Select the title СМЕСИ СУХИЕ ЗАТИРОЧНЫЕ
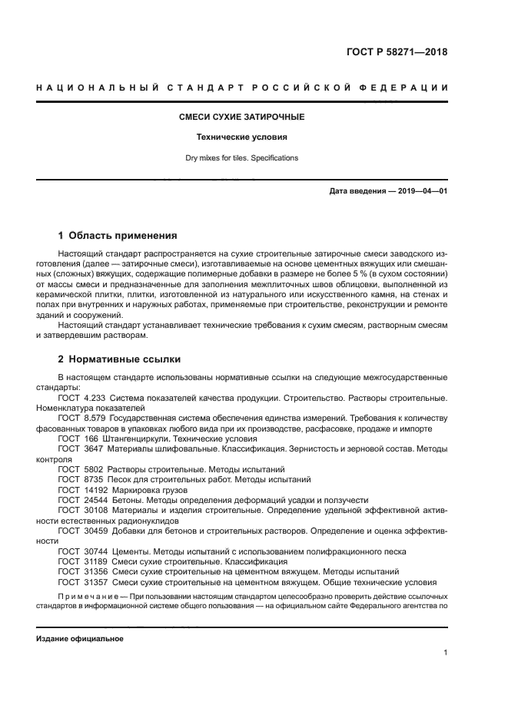pyautogui.click(x=242, y=117)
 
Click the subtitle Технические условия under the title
pyautogui.click(x=242, y=137)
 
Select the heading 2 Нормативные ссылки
pyautogui.click(x=121, y=359)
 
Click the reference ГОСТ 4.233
pyautogui.click(x=82, y=398)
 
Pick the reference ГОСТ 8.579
pyautogui.click(x=82, y=418)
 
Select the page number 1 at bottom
pyautogui.click(x=445, y=653)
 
